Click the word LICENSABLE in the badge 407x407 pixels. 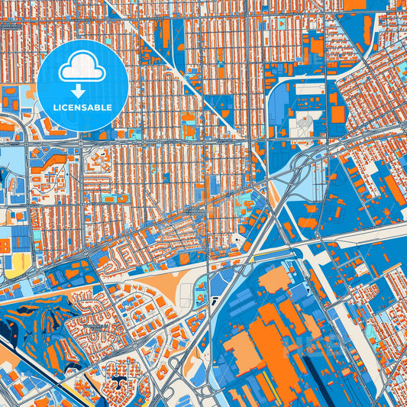(82, 108)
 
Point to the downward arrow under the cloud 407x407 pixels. (82, 90)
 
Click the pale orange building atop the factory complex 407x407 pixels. (272, 279)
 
